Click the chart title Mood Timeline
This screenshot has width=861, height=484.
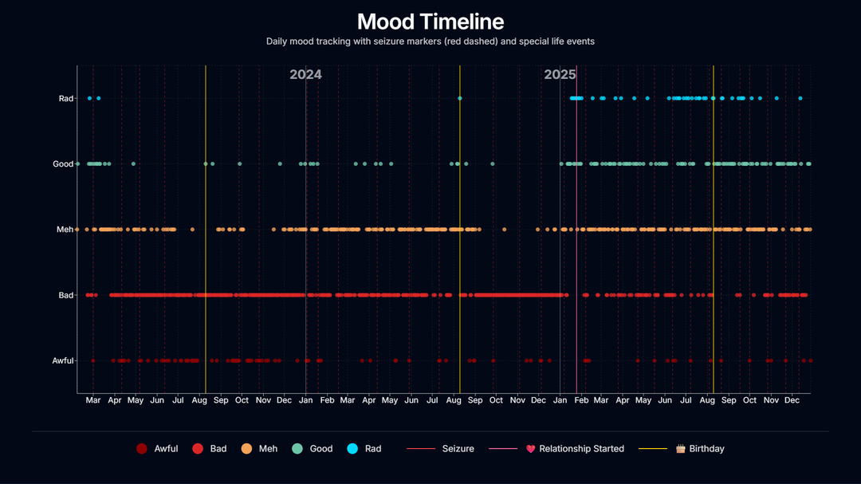tap(431, 22)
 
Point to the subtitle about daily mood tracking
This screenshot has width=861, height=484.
tap(431, 41)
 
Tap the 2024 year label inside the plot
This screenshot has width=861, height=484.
tap(305, 75)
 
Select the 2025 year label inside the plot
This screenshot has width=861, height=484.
tap(560, 75)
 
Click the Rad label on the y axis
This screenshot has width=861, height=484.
tap(66, 99)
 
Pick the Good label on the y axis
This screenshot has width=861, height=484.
tap(63, 164)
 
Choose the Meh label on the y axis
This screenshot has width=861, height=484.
tap(65, 230)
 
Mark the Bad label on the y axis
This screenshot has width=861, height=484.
tap(66, 296)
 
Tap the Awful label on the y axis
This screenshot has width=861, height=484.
tap(63, 361)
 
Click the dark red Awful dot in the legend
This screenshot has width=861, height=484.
tap(142, 449)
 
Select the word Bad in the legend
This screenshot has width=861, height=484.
tap(218, 449)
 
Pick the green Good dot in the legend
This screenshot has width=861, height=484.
tap(297, 449)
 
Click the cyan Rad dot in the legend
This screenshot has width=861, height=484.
tap(352, 449)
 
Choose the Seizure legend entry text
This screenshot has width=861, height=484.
tap(458, 449)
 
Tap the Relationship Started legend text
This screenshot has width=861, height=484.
tap(581, 449)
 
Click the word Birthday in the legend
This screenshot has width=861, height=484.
tap(706, 449)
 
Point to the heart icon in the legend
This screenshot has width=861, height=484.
tap(531, 449)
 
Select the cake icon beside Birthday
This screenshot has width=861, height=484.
tap(681, 449)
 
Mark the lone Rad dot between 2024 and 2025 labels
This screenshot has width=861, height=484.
tap(460, 99)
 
